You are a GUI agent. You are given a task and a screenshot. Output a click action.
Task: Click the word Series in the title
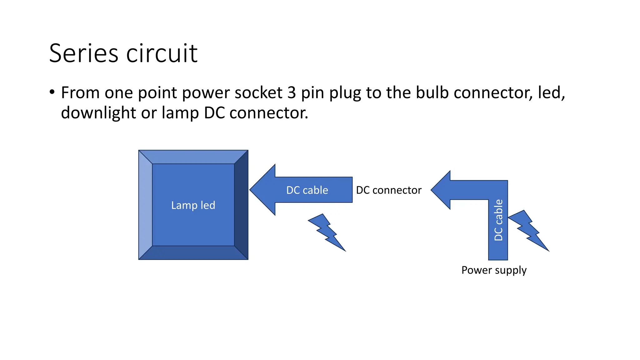click(x=83, y=53)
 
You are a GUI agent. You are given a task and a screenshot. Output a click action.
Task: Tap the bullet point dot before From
click(x=52, y=92)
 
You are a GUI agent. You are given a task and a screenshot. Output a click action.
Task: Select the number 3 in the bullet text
click(x=291, y=93)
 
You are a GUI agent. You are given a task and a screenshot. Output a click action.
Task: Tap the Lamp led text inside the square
click(x=193, y=205)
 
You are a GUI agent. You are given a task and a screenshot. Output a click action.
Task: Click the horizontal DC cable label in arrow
click(x=307, y=190)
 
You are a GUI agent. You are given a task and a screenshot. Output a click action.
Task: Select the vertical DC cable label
click(x=498, y=220)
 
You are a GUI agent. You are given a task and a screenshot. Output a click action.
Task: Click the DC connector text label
click(x=389, y=190)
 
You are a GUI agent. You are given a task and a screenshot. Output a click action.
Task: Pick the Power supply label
click(x=494, y=270)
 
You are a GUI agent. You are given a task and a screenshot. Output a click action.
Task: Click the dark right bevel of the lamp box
click(x=241, y=205)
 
